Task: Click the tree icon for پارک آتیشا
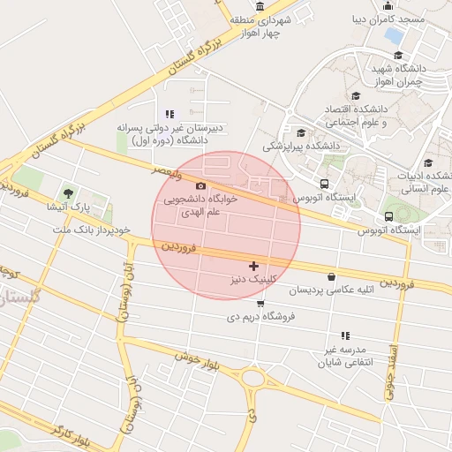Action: (68, 192)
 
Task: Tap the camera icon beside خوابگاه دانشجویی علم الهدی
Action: (201, 185)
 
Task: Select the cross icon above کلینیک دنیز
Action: (254, 265)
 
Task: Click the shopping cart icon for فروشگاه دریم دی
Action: (260, 304)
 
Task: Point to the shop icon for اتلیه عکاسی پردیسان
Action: (331, 276)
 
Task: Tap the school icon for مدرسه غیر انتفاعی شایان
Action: (345, 335)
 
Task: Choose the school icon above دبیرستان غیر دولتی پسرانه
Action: (169, 114)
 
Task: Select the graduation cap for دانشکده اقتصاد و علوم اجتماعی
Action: (356, 95)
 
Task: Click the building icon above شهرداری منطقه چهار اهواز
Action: (260, 7)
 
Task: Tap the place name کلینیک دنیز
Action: (254, 279)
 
